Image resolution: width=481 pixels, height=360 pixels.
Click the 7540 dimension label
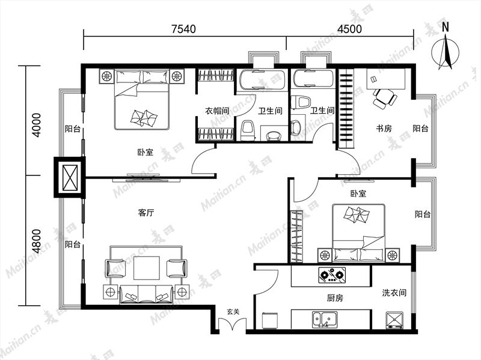coord(183,29)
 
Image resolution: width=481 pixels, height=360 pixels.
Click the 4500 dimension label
coord(350,29)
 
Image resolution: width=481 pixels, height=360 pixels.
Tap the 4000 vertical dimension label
coord(36,125)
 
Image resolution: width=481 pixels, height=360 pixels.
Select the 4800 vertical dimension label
coord(36,241)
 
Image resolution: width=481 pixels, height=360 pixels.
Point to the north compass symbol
coord(446,49)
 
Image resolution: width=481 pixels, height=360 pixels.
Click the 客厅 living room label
coord(146,213)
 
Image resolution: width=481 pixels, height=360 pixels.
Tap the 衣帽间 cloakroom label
coord(217,111)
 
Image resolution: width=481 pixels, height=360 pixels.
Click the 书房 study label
coord(384,128)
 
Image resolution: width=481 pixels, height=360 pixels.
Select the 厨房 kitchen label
coord(335,297)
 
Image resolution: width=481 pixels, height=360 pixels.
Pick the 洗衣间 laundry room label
coord(394,293)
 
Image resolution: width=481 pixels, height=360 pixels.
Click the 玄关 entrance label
coord(233,312)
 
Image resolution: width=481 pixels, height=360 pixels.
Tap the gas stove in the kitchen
coord(332,275)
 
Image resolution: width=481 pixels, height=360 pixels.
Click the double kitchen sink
coord(325,320)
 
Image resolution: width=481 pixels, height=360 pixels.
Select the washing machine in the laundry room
coord(394,320)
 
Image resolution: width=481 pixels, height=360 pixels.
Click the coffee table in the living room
coord(147,268)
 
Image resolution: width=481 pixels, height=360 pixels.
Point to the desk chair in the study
coord(384,98)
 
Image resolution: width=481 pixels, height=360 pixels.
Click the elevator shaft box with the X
coord(70,177)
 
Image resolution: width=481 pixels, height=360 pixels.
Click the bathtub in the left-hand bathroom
coord(262,80)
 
